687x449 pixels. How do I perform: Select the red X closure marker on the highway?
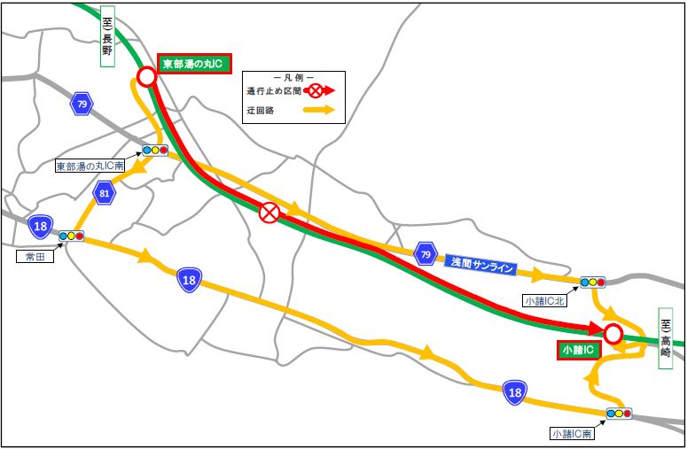coord(269,213)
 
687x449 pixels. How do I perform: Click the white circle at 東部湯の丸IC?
coord(147,77)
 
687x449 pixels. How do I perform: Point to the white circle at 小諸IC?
coord(613,334)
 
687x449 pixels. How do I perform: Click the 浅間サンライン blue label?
coord(482,262)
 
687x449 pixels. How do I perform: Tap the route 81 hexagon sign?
coord(105,193)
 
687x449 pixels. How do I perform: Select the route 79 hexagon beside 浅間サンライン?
coord(425,256)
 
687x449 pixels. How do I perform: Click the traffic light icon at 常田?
coord(71,236)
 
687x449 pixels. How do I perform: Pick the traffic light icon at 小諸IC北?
coord(592,283)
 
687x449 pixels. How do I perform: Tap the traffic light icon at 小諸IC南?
coord(619,414)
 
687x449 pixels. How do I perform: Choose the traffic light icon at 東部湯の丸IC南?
coord(155,151)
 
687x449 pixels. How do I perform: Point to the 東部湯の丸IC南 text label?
coord(89,166)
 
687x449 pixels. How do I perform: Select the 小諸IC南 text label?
coord(572,434)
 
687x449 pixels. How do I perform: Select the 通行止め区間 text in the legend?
coord(275,90)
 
